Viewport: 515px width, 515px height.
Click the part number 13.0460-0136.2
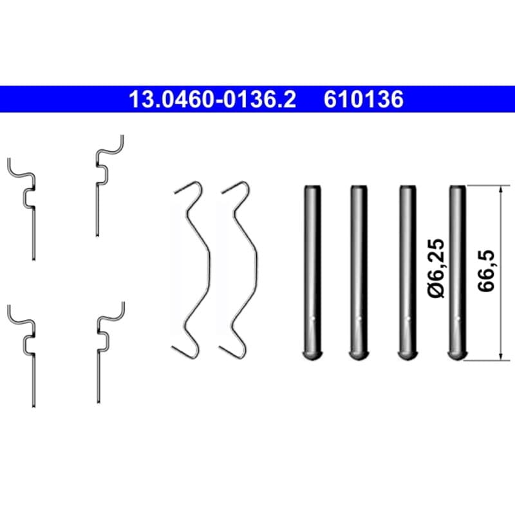click(x=212, y=99)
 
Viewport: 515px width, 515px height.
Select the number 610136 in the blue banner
click(x=364, y=99)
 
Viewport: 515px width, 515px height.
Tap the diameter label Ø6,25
click(x=436, y=268)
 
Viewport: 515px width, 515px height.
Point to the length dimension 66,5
click(x=486, y=270)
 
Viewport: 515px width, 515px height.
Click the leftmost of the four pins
click(x=312, y=272)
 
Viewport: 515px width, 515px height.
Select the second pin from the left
click(x=359, y=272)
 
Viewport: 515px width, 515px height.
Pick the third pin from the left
click(x=407, y=272)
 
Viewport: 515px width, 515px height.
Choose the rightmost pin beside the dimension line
click(x=457, y=272)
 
